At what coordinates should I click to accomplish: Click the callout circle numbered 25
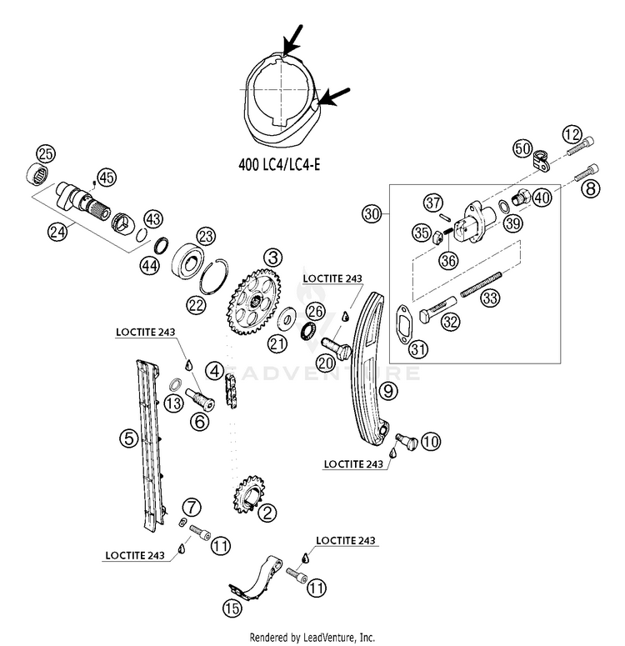pyautogui.click(x=46, y=153)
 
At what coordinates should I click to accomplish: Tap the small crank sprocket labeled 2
pyautogui.click(x=248, y=494)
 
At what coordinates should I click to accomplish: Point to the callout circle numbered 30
pyautogui.click(x=372, y=214)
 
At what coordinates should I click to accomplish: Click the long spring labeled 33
pyautogui.click(x=481, y=284)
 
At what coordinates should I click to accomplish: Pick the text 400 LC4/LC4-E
pyautogui.click(x=279, y=164)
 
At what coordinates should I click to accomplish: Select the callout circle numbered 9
pyautogui.click(x=388, y=391)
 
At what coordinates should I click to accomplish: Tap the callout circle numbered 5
pyautogui.click(x=129, y=438)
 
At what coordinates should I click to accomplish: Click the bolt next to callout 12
pyautogui.click(x=581, y=146)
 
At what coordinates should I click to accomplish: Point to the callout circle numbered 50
pyautogui.click(x=522, y=148)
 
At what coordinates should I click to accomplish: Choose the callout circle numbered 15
pyautogui.click(x=232, y=608)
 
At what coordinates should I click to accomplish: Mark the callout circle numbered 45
pyautogui.click(x=107, y=178)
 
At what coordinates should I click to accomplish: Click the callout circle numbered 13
pyautogui.click(x=173, y=403)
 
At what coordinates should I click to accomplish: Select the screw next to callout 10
pyautogui.click(x=407, y=441)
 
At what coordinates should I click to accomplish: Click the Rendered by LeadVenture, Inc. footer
pyautogui.click(x=312, y=638)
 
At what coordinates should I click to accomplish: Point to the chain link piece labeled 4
pyautogui.click(x=231, y=391)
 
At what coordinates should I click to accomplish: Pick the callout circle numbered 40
pyautogui.click(x=542, y=198)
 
